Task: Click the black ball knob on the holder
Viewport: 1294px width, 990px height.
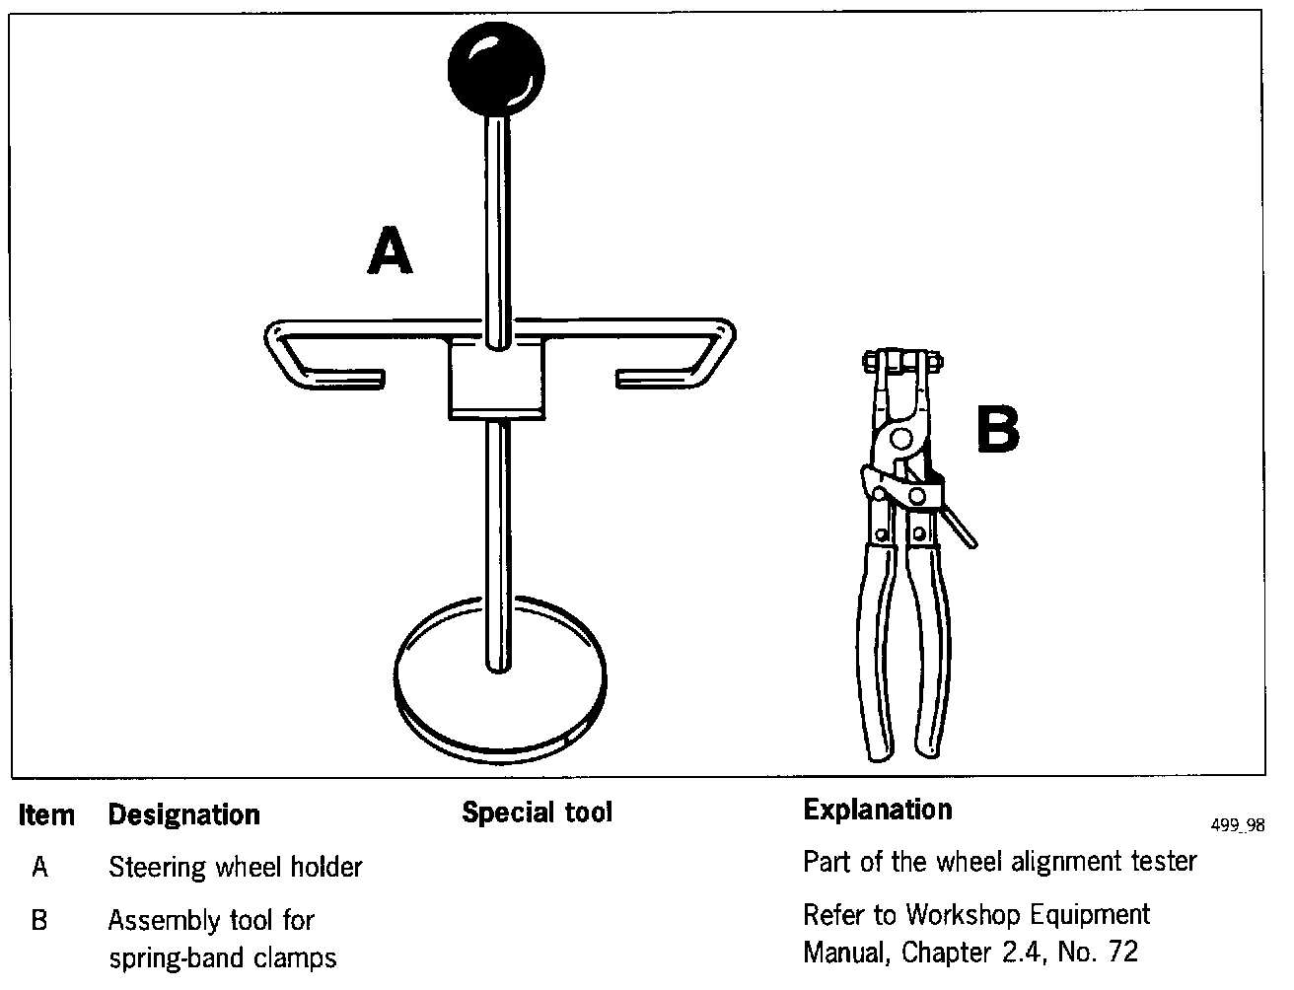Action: [x=495, y=67]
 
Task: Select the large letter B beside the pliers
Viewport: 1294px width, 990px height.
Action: [x=997, y=430]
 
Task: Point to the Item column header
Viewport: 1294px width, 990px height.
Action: [x=46, y=815]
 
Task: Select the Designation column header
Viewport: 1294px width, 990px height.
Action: [x=183, y=814]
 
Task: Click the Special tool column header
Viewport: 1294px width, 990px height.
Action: [x=537, y=813]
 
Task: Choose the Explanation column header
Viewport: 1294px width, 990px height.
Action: [x=878, y=810]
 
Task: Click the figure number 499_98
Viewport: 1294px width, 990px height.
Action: [x=1238, y=826]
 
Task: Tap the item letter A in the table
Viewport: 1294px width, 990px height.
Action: [x=39, y=868]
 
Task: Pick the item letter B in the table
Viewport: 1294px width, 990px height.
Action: [x=39, y=921]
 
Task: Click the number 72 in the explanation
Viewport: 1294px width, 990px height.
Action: [x=1121, y=953]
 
